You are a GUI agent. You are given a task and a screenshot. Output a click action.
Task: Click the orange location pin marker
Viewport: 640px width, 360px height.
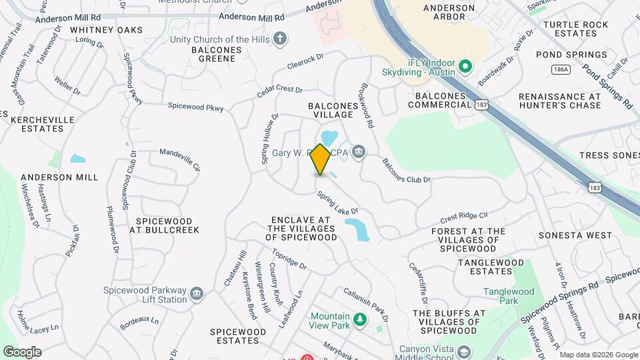[x=321, y=160]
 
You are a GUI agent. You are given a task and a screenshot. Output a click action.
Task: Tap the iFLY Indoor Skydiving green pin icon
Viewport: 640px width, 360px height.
[x=466, y=67]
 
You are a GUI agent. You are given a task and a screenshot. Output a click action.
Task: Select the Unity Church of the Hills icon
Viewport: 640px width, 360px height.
[x=281, y=39]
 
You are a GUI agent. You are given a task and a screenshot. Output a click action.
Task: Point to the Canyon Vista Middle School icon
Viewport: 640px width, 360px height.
[x=463, y=351]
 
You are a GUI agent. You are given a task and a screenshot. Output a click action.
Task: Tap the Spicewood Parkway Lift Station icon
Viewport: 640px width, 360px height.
[x=197, y=294]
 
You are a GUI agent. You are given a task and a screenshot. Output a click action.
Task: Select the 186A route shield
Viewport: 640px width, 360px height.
[x=561, y=69]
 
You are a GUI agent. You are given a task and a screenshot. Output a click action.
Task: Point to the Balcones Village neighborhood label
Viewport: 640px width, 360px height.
[x=330, y=110]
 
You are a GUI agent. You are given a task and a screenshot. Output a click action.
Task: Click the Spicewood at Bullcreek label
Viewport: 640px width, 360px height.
[x=164, y=225]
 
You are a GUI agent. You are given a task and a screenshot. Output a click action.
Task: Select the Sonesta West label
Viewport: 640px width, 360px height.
[x=575, y=235]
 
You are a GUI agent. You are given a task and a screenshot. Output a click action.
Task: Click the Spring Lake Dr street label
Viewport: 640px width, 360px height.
[x=338, y=204]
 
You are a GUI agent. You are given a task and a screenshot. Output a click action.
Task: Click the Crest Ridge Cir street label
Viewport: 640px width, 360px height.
[x=465, y=219]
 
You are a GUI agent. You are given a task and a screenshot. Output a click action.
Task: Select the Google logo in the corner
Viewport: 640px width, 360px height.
[x=22, y=351]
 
